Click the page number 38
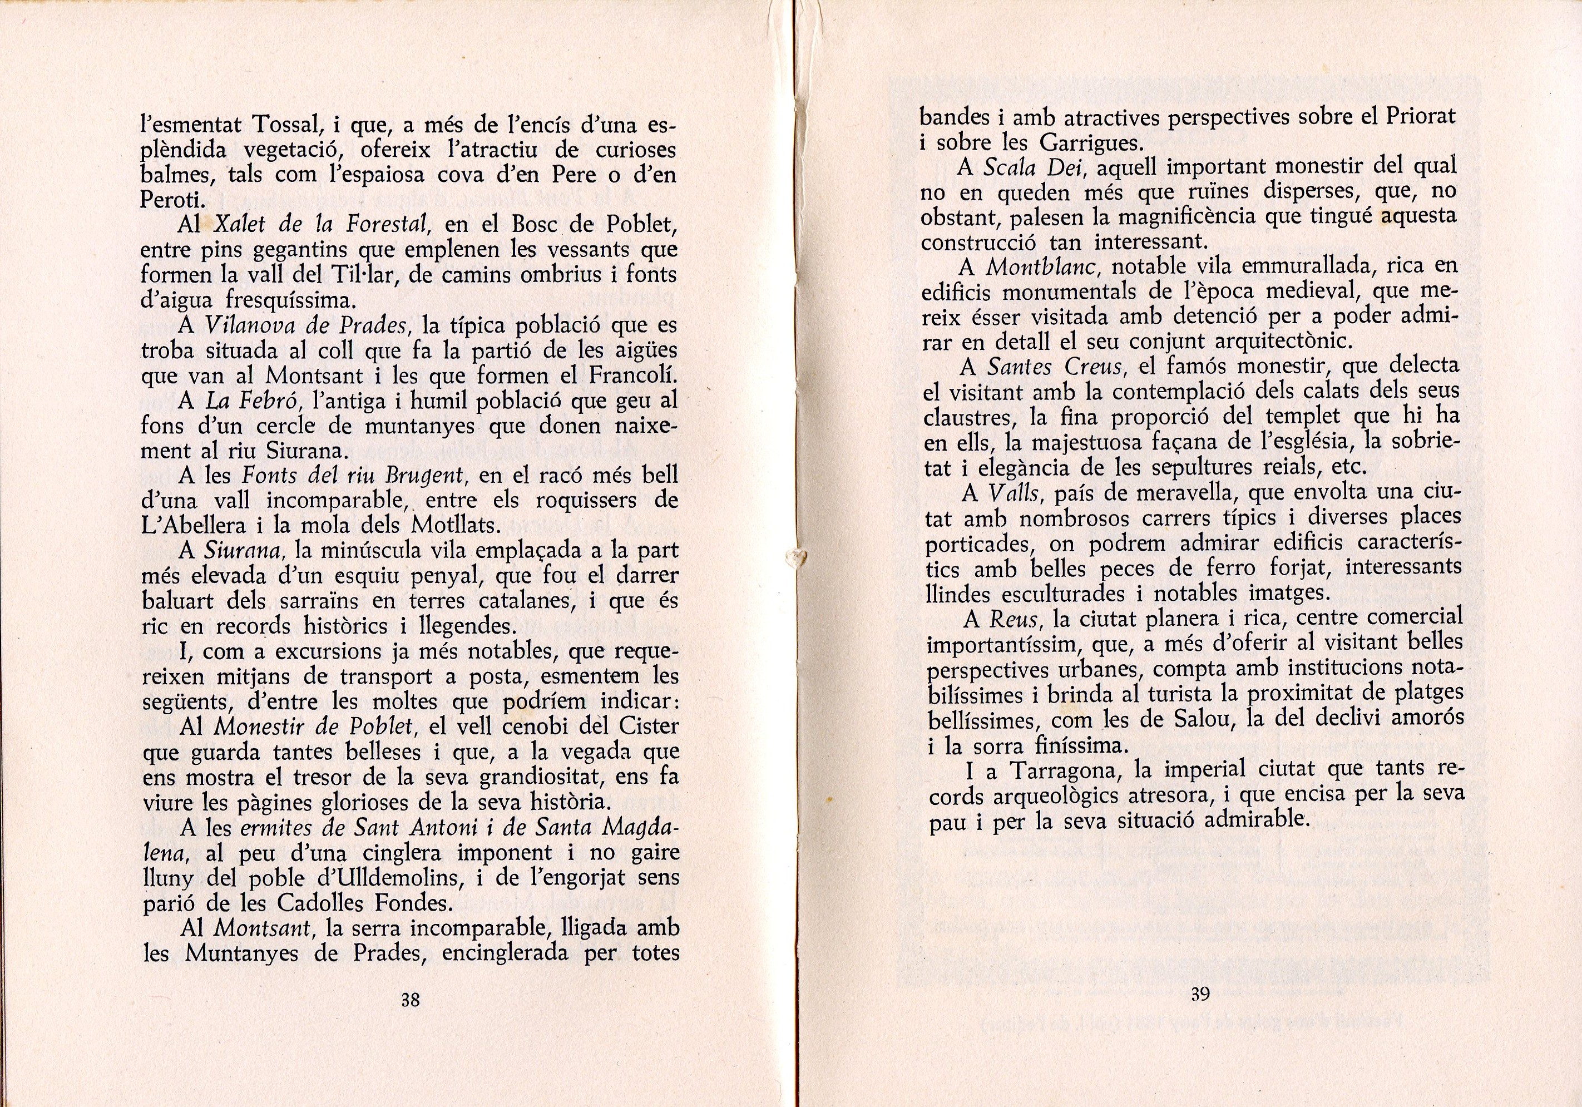[411, 1000]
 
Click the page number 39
[1200, 994]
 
